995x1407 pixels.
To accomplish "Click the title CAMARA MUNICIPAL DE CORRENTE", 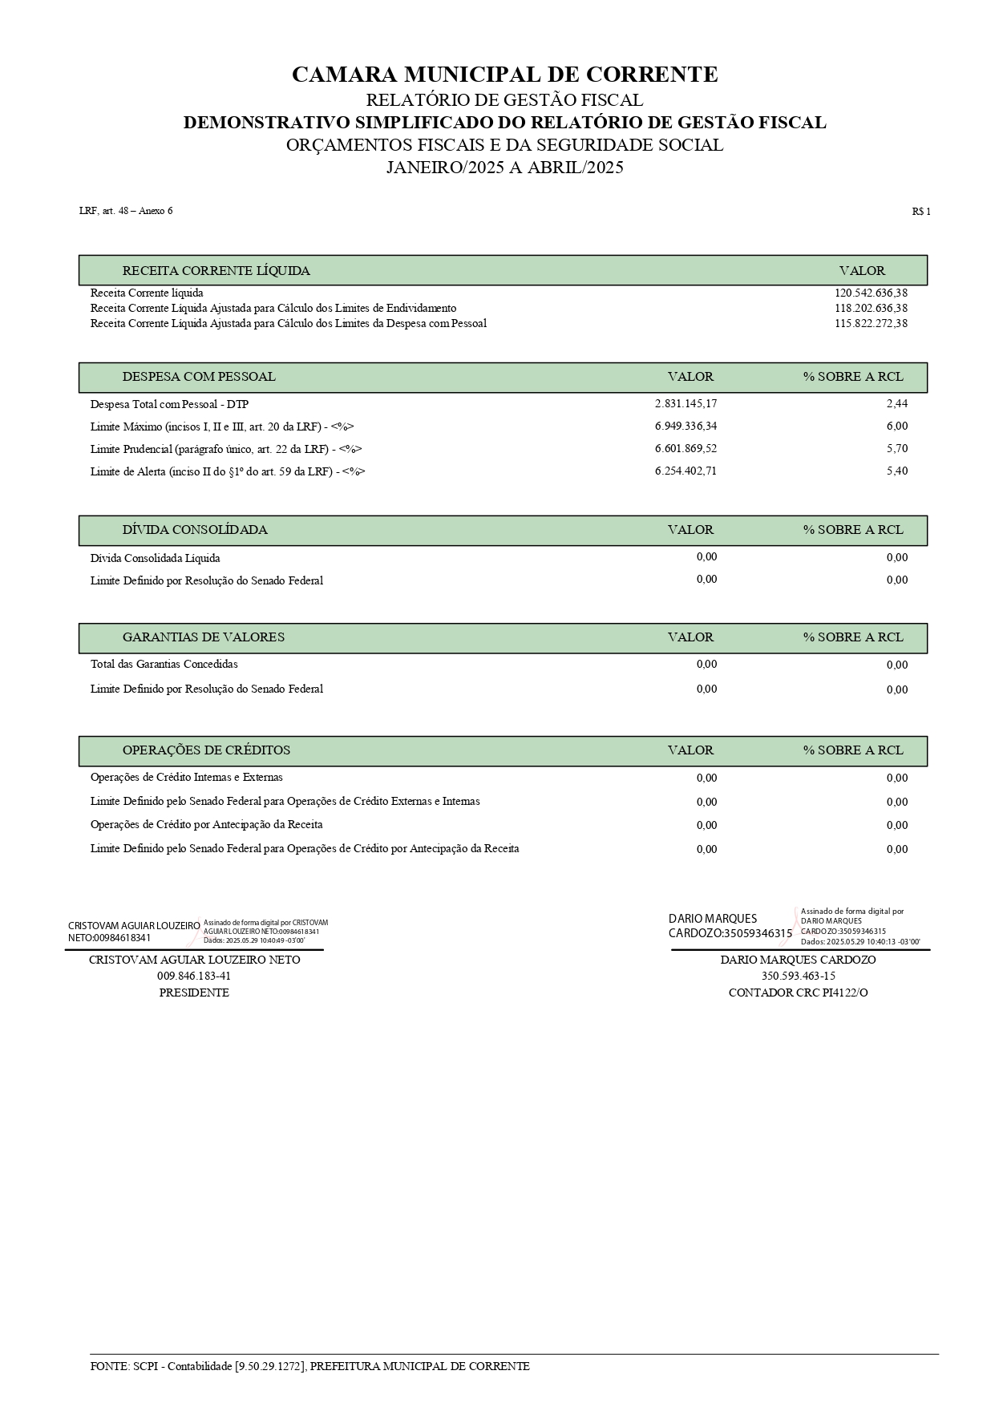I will pos(504,75).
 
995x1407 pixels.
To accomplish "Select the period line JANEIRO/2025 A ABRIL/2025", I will pos(504,168).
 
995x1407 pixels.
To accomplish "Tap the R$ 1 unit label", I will pos(920,212).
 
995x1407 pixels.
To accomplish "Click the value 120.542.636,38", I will pos(871,293).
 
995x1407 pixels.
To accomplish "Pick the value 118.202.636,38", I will pos(871,309).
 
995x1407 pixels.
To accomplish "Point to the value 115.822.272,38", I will pos(871,324).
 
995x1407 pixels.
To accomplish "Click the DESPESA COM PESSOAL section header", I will pos(199,377).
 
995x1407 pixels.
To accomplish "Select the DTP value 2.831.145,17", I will pos(686,404).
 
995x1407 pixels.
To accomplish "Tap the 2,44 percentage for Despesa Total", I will pos(897,404).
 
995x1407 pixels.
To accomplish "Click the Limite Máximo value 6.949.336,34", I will pos(686,427).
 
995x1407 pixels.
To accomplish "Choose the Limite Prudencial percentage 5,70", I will pos(897,449).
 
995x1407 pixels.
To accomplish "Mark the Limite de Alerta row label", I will pos(228,472).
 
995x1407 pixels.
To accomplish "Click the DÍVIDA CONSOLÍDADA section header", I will pos(195,530).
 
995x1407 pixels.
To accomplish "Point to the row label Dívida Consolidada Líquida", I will pos(155,558).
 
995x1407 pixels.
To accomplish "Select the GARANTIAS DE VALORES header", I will pos(203,637).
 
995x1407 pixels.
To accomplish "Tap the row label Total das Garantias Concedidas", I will pos(164,665).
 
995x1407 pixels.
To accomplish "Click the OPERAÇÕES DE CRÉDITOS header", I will pos(206,750).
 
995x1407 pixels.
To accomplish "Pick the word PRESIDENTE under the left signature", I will pos(194,993).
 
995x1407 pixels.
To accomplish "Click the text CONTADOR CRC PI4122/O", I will pos(798,993).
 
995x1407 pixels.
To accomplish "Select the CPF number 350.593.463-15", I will pos(798,976).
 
